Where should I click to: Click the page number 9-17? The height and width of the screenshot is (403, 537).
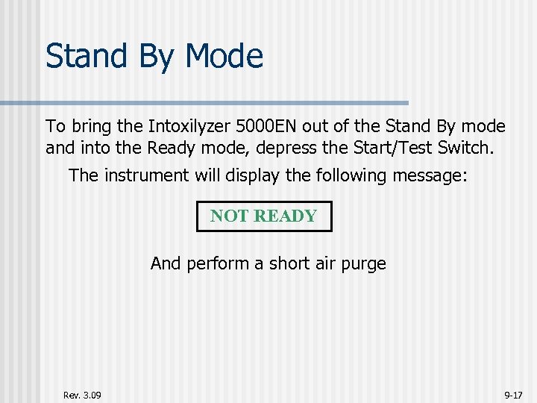click(513, 394)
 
